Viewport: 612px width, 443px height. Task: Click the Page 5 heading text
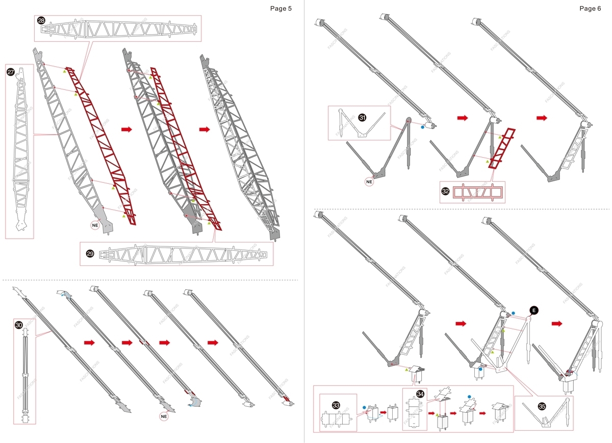tap(281, 9)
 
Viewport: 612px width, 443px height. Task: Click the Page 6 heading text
tap(590, 9)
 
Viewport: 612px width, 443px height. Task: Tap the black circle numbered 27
tap(11, 72)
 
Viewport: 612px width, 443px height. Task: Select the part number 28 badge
tap(41, 21)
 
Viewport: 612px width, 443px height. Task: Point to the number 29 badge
tap(90, 254)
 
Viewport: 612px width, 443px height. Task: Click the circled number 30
tap(19, 325)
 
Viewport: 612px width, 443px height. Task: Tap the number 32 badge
tap(446, 192)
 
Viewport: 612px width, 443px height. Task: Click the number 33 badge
tap(336, 405)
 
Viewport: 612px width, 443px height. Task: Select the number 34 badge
tap(420, 395)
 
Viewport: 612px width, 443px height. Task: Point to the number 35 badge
tap(542, 406)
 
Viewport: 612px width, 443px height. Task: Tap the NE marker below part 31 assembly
tap(370, 181)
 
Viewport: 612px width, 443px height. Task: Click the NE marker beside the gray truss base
tap(95, 225)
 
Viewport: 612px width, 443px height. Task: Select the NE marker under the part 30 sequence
tap(164, 416)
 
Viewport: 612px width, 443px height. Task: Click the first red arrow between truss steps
tap(126, 130)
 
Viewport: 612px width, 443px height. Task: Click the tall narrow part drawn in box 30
tap(24, 375)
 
